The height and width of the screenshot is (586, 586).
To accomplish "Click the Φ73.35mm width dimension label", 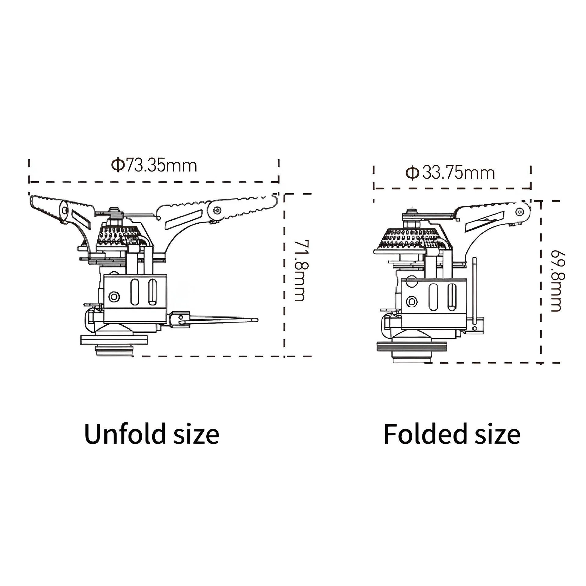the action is tap(154, 165).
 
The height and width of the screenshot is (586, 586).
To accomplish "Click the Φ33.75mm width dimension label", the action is tap(450, 173).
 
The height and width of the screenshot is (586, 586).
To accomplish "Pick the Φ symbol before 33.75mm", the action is tap(412, 173).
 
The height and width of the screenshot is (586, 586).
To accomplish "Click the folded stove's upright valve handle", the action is tap(475, 294).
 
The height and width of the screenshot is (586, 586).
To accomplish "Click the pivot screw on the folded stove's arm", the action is tap(520, 212).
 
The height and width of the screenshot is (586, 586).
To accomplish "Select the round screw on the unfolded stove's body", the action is tap(114, 296).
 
